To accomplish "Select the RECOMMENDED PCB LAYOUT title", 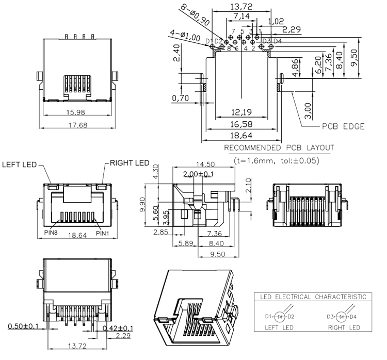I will (279, 148).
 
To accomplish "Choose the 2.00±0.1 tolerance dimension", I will (197, 175).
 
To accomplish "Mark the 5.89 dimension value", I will (186, 243).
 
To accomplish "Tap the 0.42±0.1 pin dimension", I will (117, 328).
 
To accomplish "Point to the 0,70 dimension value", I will (181, 97).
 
